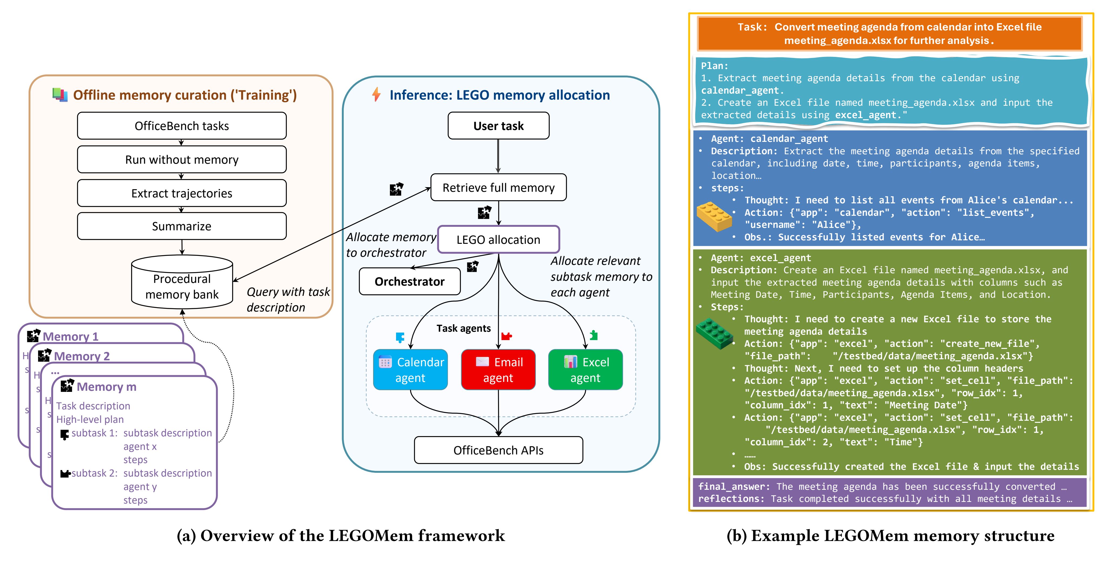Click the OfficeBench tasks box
click(x=182, y=126)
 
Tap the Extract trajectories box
click(x=182, y=193)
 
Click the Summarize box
click(x=182, y=226)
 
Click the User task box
click(x=498, y=126)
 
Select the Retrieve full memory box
click(x=498, y=188)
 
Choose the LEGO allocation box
click(x=498, y=239)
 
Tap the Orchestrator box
click(x=410, y=282)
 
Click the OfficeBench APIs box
click(x=498, y=450)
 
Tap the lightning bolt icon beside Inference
click(x=377, y=95)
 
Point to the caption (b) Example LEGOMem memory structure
click(x=891, y=536)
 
